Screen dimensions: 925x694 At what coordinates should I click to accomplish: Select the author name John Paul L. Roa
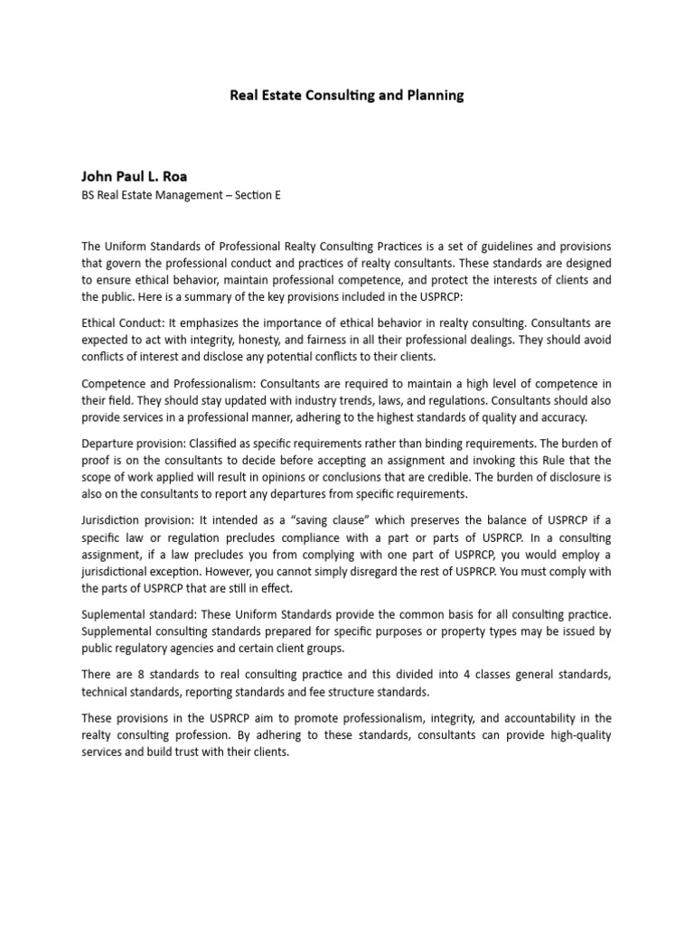(x=135, y=176)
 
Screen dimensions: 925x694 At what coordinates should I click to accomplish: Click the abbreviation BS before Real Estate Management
(x=89, y=195)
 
